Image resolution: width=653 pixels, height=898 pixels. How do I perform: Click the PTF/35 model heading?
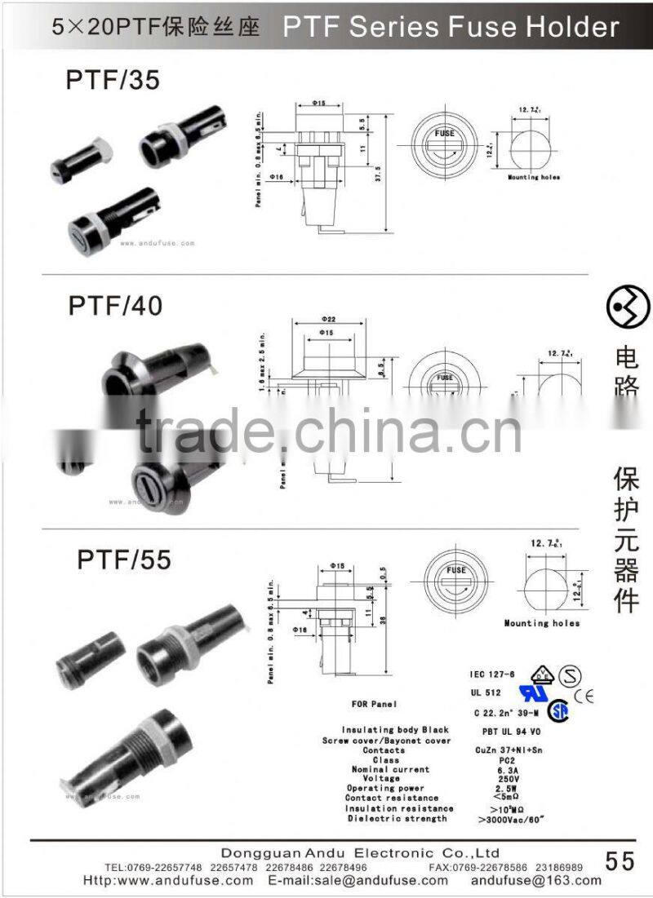113,80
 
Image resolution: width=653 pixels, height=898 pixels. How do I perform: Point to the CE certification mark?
584,696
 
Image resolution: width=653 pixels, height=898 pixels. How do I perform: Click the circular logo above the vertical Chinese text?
625,307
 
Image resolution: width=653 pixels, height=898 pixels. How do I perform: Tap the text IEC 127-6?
493,674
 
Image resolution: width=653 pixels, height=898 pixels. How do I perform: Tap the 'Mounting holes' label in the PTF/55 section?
542,623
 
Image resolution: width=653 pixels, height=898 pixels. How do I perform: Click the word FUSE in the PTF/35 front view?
445,132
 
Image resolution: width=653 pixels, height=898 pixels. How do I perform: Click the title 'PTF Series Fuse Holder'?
451,27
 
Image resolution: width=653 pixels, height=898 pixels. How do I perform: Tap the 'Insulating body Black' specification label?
395,730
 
